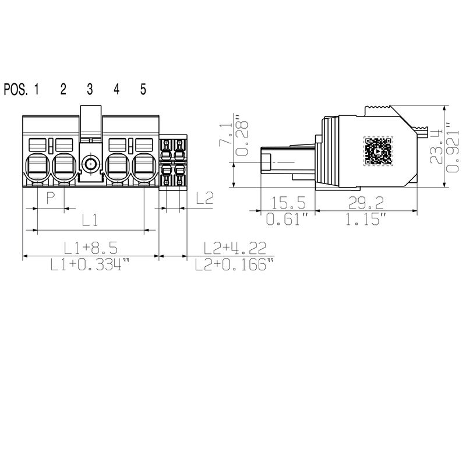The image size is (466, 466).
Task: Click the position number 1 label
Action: pos(37,89)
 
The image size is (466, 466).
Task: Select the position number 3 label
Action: pos(90,89)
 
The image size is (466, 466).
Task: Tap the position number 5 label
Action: pos(143,89)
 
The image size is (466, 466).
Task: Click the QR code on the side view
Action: pos(377,151)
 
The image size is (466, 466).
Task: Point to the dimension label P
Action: pos(51,200)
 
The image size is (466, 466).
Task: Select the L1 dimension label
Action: pos(89,220)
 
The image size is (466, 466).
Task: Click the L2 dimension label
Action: pos(204,199)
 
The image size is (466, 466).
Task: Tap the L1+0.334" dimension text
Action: pos(89,265)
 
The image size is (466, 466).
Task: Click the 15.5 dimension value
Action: pos(287,203)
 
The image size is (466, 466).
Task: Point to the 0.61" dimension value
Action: pos(287,220)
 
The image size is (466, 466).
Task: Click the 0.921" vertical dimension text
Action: pos(450,147)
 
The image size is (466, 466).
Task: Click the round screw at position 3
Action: pos(90,164)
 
